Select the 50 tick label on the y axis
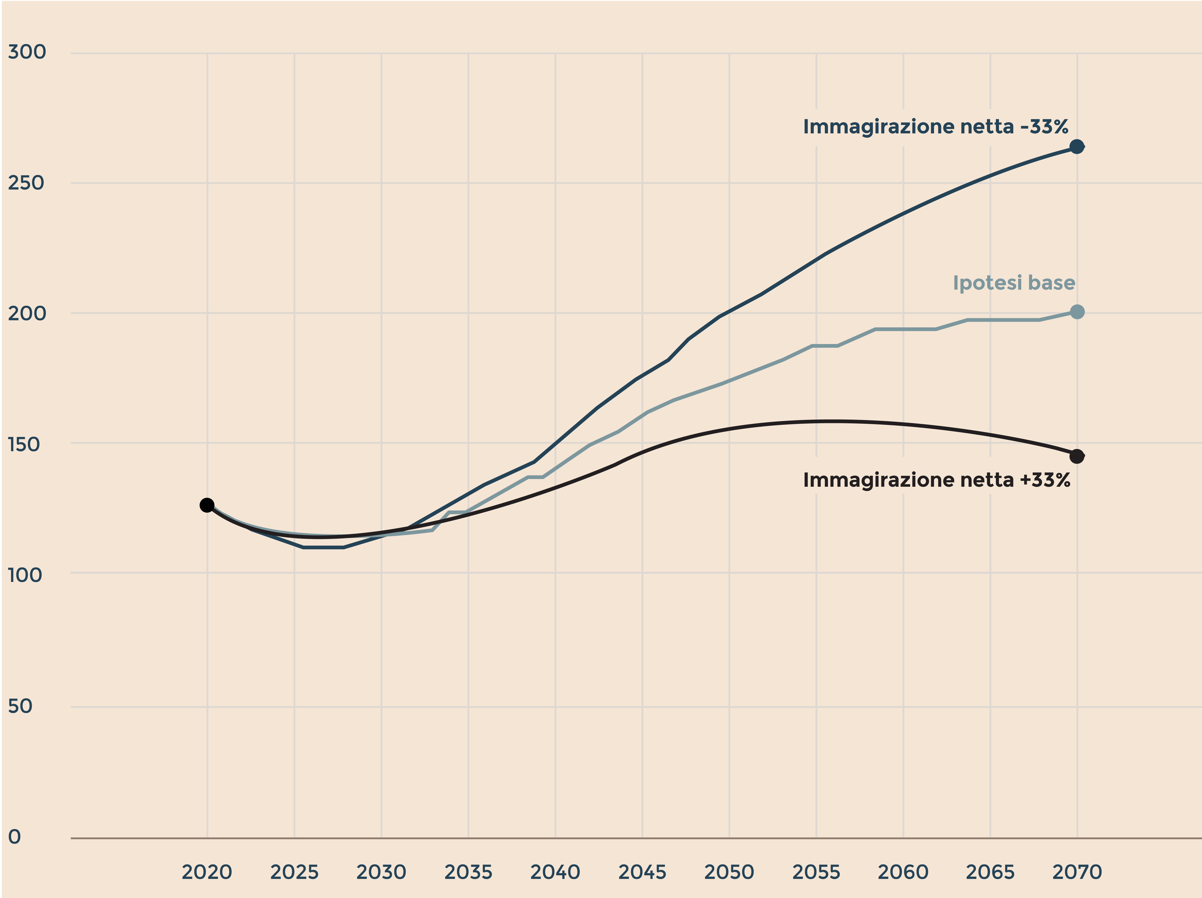20,706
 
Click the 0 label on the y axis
15,837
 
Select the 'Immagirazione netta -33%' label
935,127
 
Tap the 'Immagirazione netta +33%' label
936,480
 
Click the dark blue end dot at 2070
1076,147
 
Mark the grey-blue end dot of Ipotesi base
1076,312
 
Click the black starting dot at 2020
207,505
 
